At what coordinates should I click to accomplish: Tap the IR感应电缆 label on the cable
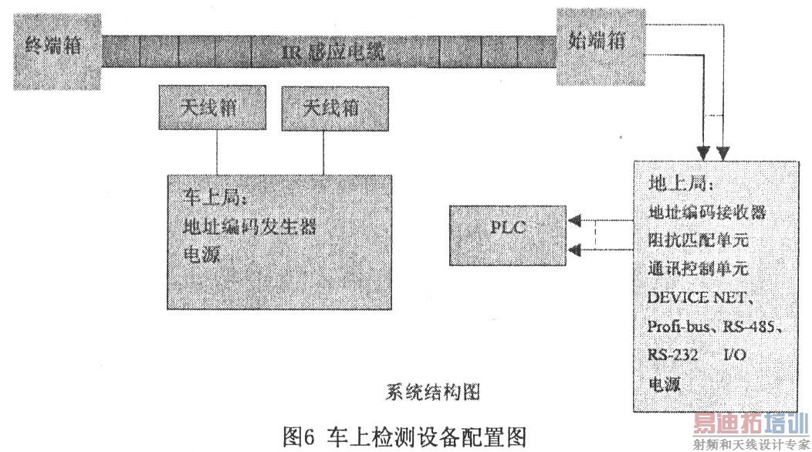click(x=333, y=53)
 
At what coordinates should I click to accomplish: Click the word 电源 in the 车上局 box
click(x=202, y=254)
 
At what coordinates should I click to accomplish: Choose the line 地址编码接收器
click(x=706, y=211)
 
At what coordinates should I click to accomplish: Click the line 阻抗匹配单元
click(x=698, y=240)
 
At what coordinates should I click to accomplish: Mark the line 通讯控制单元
click(x=698, y=268)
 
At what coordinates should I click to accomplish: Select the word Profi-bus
click(x=682, y=325)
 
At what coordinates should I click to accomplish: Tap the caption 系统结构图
click(x=432, y=392)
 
